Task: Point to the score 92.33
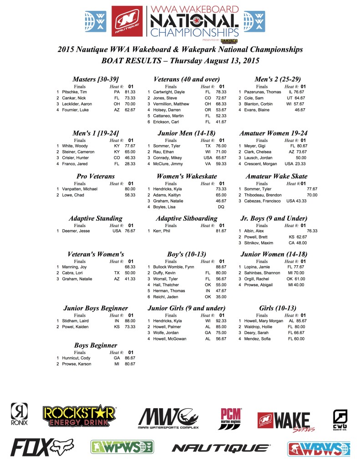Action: [x=221, y=321]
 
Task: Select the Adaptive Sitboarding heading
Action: [x=187, y=218]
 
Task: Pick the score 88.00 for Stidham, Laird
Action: [x=130, y=321]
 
